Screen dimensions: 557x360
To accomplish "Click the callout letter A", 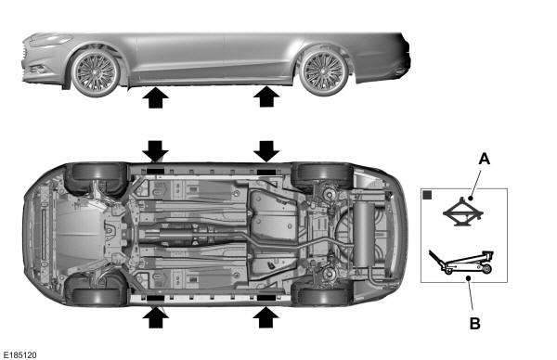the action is [485, 159].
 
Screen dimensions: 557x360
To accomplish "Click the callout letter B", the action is [475, 324].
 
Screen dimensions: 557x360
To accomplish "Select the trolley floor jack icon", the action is [461, 262].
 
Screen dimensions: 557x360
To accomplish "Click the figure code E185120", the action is [19, 355].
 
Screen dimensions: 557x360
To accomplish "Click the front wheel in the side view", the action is [96, 72].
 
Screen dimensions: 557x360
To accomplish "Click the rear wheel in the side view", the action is [324, 72].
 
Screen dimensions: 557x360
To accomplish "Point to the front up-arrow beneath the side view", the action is [155, 97].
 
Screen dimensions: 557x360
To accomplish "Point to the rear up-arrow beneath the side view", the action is [266, 97].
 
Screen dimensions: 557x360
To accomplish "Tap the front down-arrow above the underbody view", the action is [155, 151].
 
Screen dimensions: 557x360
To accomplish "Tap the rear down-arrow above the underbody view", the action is [266, 151].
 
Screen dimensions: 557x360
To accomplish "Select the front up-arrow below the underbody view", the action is [155, 317].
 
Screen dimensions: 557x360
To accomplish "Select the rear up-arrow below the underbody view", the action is [266, 317].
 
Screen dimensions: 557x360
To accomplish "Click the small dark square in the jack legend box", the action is [427, 195].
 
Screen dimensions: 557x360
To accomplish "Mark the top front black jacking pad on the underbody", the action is [155, 171].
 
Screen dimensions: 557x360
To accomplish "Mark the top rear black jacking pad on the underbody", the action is [266, 172].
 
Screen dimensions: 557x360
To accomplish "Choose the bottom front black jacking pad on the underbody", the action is [155, 298].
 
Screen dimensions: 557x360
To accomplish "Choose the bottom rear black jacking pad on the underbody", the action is [266, 298].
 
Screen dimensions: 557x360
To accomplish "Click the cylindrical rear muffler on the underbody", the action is [363, 235].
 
